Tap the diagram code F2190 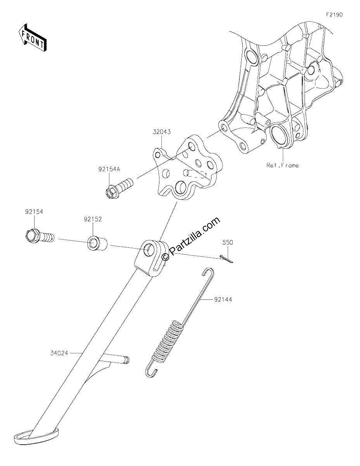pyautogui.click(x=334, y=15)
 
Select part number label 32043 pyautogui.click(x=162, y=132)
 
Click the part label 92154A pyautogui.click(x=109, y=169)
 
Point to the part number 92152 pyautogui.click(x=93, y=219)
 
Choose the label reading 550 pyautogui.click(x=228, y=242)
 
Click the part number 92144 pyautogui.click(x=223, y=299)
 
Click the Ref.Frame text pyautogui.click(x=282, y=165)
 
